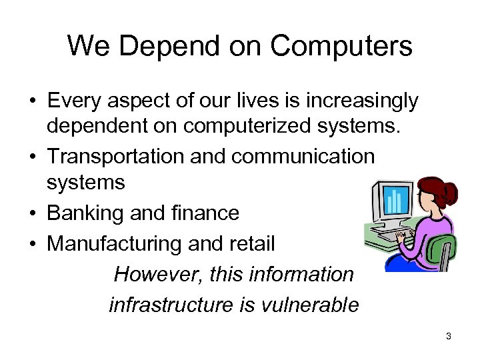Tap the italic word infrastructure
point(169,305)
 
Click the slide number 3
point(449,337)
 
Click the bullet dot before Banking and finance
point(32,214)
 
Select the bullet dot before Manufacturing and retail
point(32,245)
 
